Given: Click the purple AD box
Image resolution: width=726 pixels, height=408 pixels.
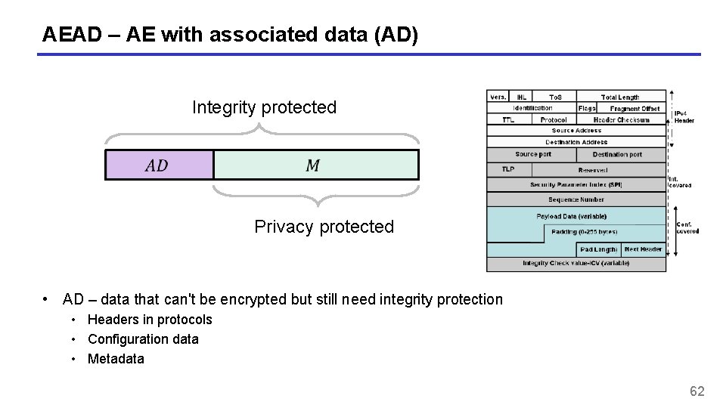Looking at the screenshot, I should click(x=159, y=165).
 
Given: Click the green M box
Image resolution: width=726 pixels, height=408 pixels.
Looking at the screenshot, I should click(x=315, y=165).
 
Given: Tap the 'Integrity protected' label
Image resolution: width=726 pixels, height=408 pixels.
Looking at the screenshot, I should click(x=264, y=107).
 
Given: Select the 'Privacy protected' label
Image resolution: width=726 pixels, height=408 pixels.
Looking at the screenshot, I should click(x=324, y=227).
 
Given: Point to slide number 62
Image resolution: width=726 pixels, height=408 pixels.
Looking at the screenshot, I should click(x=697, y=391).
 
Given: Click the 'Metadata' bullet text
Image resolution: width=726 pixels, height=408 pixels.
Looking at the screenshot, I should click(x=116, y=359).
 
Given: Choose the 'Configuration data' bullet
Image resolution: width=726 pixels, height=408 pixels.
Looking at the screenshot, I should click(x=143, y=339).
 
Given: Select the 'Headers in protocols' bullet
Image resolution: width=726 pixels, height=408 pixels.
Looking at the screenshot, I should click(x=150, y=320).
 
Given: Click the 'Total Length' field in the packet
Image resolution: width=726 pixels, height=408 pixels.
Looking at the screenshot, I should click(x=620, y=97).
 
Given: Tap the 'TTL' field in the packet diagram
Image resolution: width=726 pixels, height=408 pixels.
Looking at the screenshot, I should click(x=508, y=119).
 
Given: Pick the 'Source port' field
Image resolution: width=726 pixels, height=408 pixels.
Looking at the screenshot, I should click(x=533, y=154).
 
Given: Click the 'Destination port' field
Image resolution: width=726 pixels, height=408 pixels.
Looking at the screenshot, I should click(x=617, y=154).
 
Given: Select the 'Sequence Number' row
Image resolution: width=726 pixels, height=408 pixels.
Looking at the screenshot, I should click(x=576, y=199).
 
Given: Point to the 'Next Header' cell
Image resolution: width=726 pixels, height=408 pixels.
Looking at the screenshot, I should click(x=643, y=249).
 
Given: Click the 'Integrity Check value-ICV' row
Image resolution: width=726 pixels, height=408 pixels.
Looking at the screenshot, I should click(x=576, y=264).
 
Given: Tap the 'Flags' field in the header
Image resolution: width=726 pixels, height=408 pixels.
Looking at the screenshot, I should click(x=587, y=108).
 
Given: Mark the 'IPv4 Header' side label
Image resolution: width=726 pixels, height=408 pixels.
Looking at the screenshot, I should click(x=684, y=116).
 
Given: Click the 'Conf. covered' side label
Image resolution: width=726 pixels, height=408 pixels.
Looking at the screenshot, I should click(x=687, y=227).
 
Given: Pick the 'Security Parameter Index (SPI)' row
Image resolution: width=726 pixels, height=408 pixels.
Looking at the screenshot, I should click(x=576, y=184).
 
